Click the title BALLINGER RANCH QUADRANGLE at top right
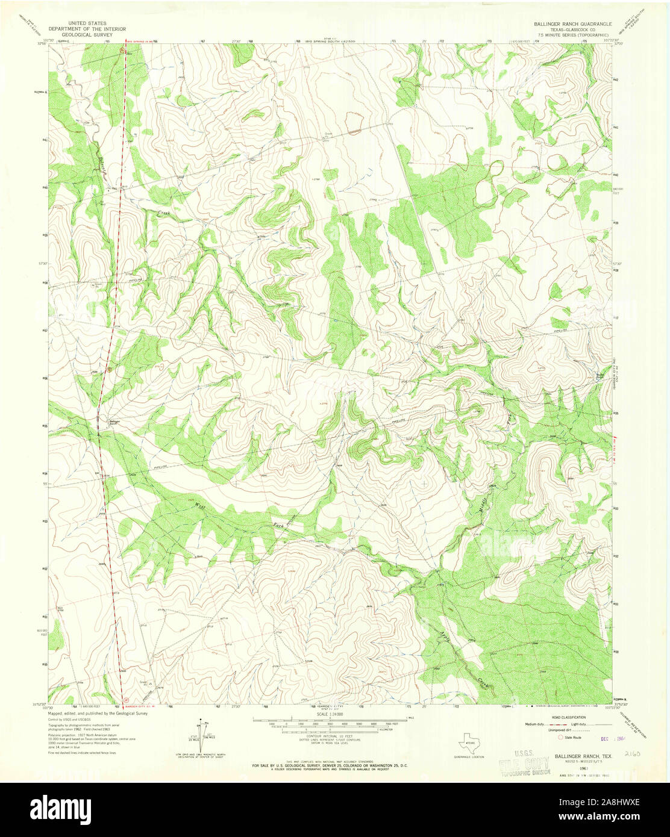click(x=572, y=23)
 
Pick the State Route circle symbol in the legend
click(x=560, y=736)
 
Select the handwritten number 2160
click(x=632, y=753)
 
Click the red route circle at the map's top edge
click(x=122, y=51)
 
